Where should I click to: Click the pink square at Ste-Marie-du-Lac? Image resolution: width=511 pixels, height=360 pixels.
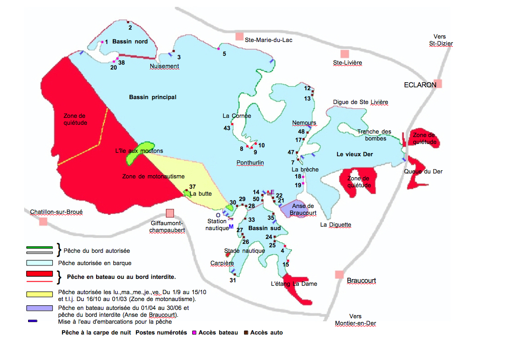pyautogui.click(x=239, y=36)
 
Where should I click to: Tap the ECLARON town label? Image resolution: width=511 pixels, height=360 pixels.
pyautogui.click(x=420, y=85)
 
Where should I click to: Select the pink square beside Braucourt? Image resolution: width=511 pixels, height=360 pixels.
pyautogui.click(x=340, y=274)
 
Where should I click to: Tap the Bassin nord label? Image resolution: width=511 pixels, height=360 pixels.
pyautogui.click(x=130, y=41)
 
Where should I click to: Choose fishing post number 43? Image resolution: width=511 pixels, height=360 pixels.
pyautogui.click(x=227, y=128)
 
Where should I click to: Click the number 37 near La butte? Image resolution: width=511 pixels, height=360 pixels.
pyautogui.click(x=192, y=186)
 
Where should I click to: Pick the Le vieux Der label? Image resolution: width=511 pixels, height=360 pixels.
pyautogui.click(x=355, y=154)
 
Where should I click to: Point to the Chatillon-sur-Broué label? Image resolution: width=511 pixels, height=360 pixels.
pyautogui.click(x=56, y=212)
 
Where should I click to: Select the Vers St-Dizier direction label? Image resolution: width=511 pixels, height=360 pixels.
pyautogui.click(x=440, y=40)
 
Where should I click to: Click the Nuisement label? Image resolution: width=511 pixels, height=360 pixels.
pyautogui.click(x=165, y=66)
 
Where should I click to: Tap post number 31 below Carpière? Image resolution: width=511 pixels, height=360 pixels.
pyautogui.click(x=233, y=280)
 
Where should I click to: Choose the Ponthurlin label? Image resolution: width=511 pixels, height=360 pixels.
pyautogui.click(x=250, y=162)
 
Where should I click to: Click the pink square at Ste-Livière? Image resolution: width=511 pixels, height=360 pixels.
pyautogui.click(x=345, y=54)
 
